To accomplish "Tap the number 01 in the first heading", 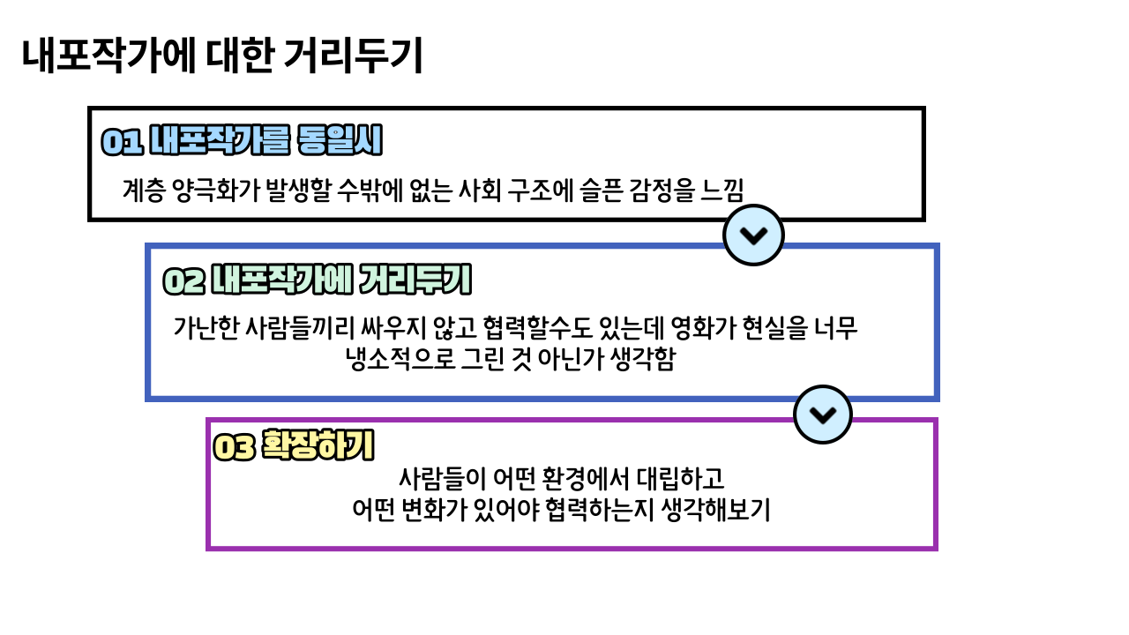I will (x=122, y=142).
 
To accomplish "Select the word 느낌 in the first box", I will (x=722, y=189).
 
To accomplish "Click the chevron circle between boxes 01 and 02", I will (x=753, y=235).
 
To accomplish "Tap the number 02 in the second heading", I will (x=183, y=281).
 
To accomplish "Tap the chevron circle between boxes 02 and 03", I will (x=823, y=415).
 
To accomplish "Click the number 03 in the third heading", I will (x=235, y=448).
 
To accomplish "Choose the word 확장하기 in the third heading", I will (x=318, y=446).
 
